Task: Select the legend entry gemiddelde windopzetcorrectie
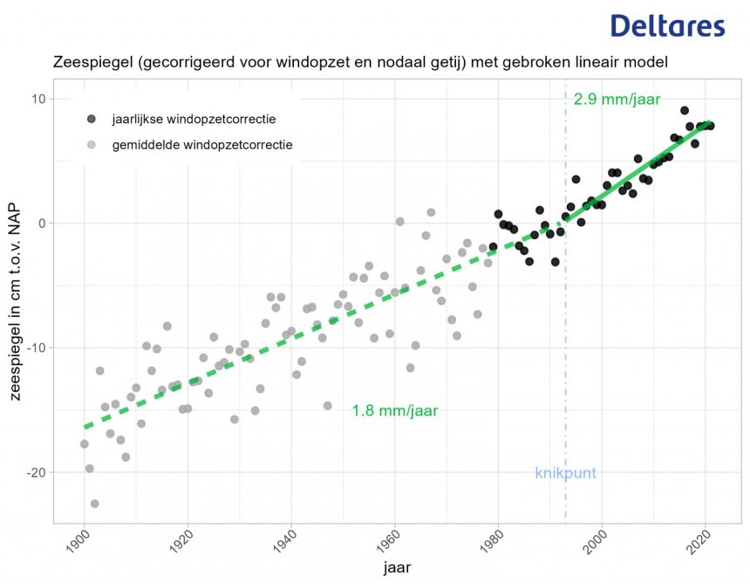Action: (x=202, y=143)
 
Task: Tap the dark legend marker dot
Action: (x=92, y=119)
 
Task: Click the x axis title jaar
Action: (x=397, y=568)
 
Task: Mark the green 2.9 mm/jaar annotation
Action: (x=617, y=100)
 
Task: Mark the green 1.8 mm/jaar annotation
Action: (x=395, y=409)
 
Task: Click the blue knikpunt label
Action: (x=565, y=473)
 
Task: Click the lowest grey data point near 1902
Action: (x=94, y=504)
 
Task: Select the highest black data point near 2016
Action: (x=685, y=111)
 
